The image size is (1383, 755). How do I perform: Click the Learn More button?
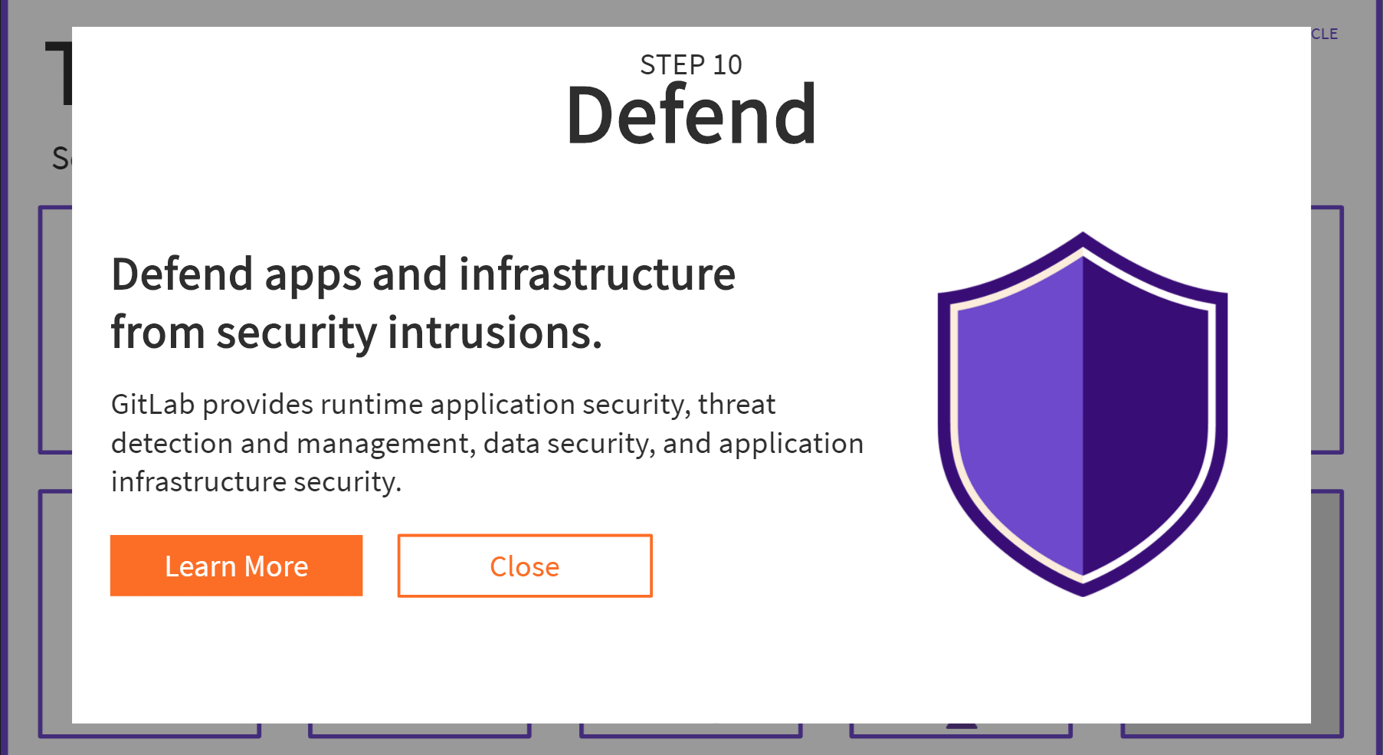pos(236,566)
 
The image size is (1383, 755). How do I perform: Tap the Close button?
pos(525,566)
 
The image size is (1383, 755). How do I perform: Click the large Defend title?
pos(691,115)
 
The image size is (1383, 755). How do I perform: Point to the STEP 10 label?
pos(691,65)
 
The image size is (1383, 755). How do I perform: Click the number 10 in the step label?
pos(727,65)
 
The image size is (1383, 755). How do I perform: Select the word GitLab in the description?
pos(152,404)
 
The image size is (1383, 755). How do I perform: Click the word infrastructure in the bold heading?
pos(597,274)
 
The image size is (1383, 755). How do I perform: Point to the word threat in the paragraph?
pos(736,404)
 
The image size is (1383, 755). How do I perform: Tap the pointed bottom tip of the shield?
pos(1083,590)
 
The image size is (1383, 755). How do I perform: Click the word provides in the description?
pos(257,404)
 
